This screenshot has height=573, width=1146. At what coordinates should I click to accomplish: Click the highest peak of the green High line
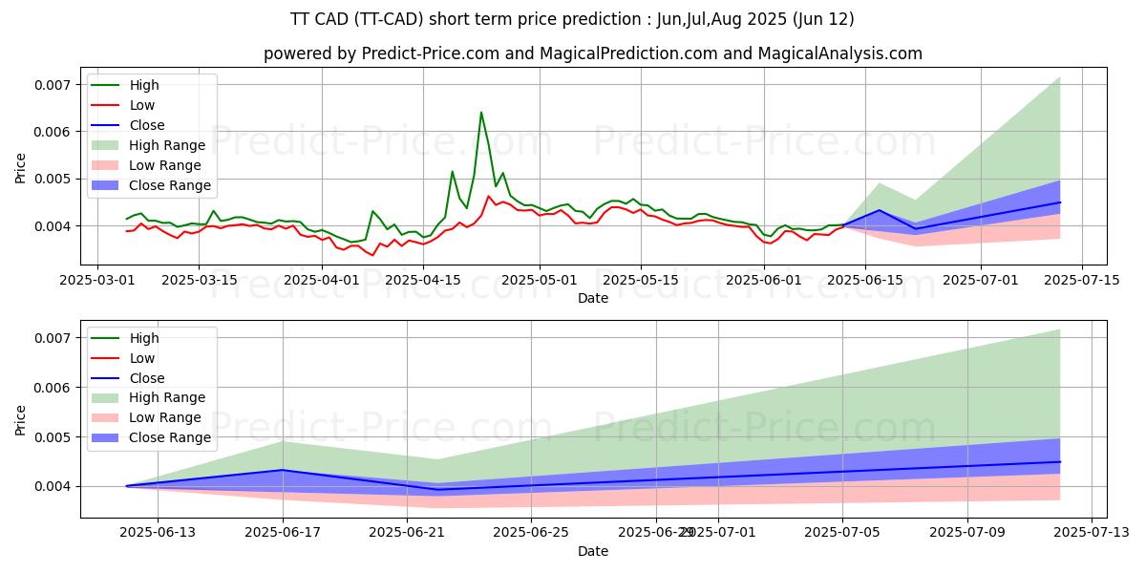(x=480, y=113)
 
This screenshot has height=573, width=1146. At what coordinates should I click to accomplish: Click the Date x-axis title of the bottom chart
(x=593, y=551)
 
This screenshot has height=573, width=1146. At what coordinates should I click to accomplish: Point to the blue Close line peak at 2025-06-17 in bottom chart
(x=283, y=470)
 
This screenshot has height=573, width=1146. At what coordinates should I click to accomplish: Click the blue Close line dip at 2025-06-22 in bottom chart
(x=438, y=490)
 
